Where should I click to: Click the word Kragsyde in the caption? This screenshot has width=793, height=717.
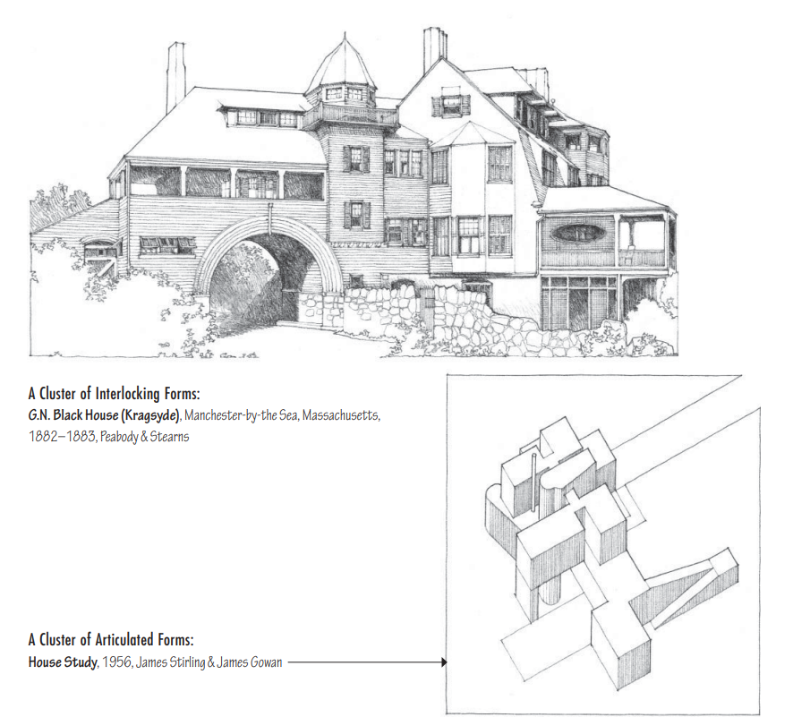150,415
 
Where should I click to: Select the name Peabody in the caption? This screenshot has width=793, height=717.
119,436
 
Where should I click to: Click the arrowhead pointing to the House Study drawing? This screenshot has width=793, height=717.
444,662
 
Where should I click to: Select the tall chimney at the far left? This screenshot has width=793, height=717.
175,79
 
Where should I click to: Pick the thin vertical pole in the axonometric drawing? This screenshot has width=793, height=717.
533,482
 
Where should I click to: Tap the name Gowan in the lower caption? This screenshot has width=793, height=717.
265,662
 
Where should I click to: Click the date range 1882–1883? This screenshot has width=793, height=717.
63,436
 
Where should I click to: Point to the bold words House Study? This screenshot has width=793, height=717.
63,662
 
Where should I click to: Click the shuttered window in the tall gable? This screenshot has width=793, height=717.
450,105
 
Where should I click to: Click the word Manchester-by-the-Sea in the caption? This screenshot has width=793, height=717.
241,415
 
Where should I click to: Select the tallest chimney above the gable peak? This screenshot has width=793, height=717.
435,49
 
